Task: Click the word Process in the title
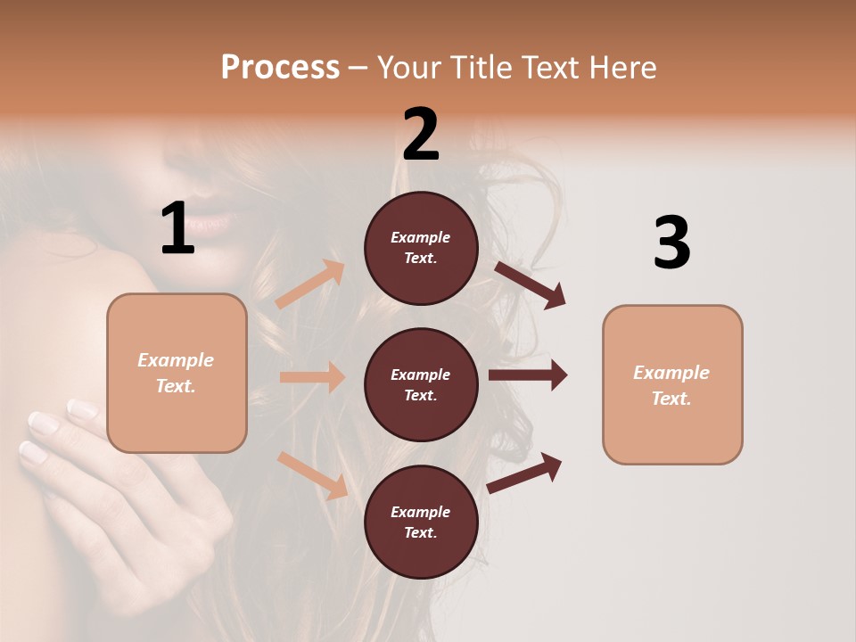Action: (x=280, y=67)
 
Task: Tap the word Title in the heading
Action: (x=476, y=67)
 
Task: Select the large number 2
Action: (x=421, y=135)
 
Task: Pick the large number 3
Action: (x=671, y=243)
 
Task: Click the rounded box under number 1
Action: (x=177, y=373)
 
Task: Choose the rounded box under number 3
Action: (x=672, y=384)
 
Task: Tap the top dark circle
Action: (x=421, y=248)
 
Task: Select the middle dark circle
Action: (x=421, y=384)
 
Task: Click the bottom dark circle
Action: (x=421, y=522)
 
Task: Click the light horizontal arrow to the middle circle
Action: (x=312, y=377)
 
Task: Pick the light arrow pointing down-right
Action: (x=312, y=475)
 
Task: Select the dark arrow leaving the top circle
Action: (x=530, y=285)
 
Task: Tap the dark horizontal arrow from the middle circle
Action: (x=528, y=375)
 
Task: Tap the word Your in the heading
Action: (x=411, y=67)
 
